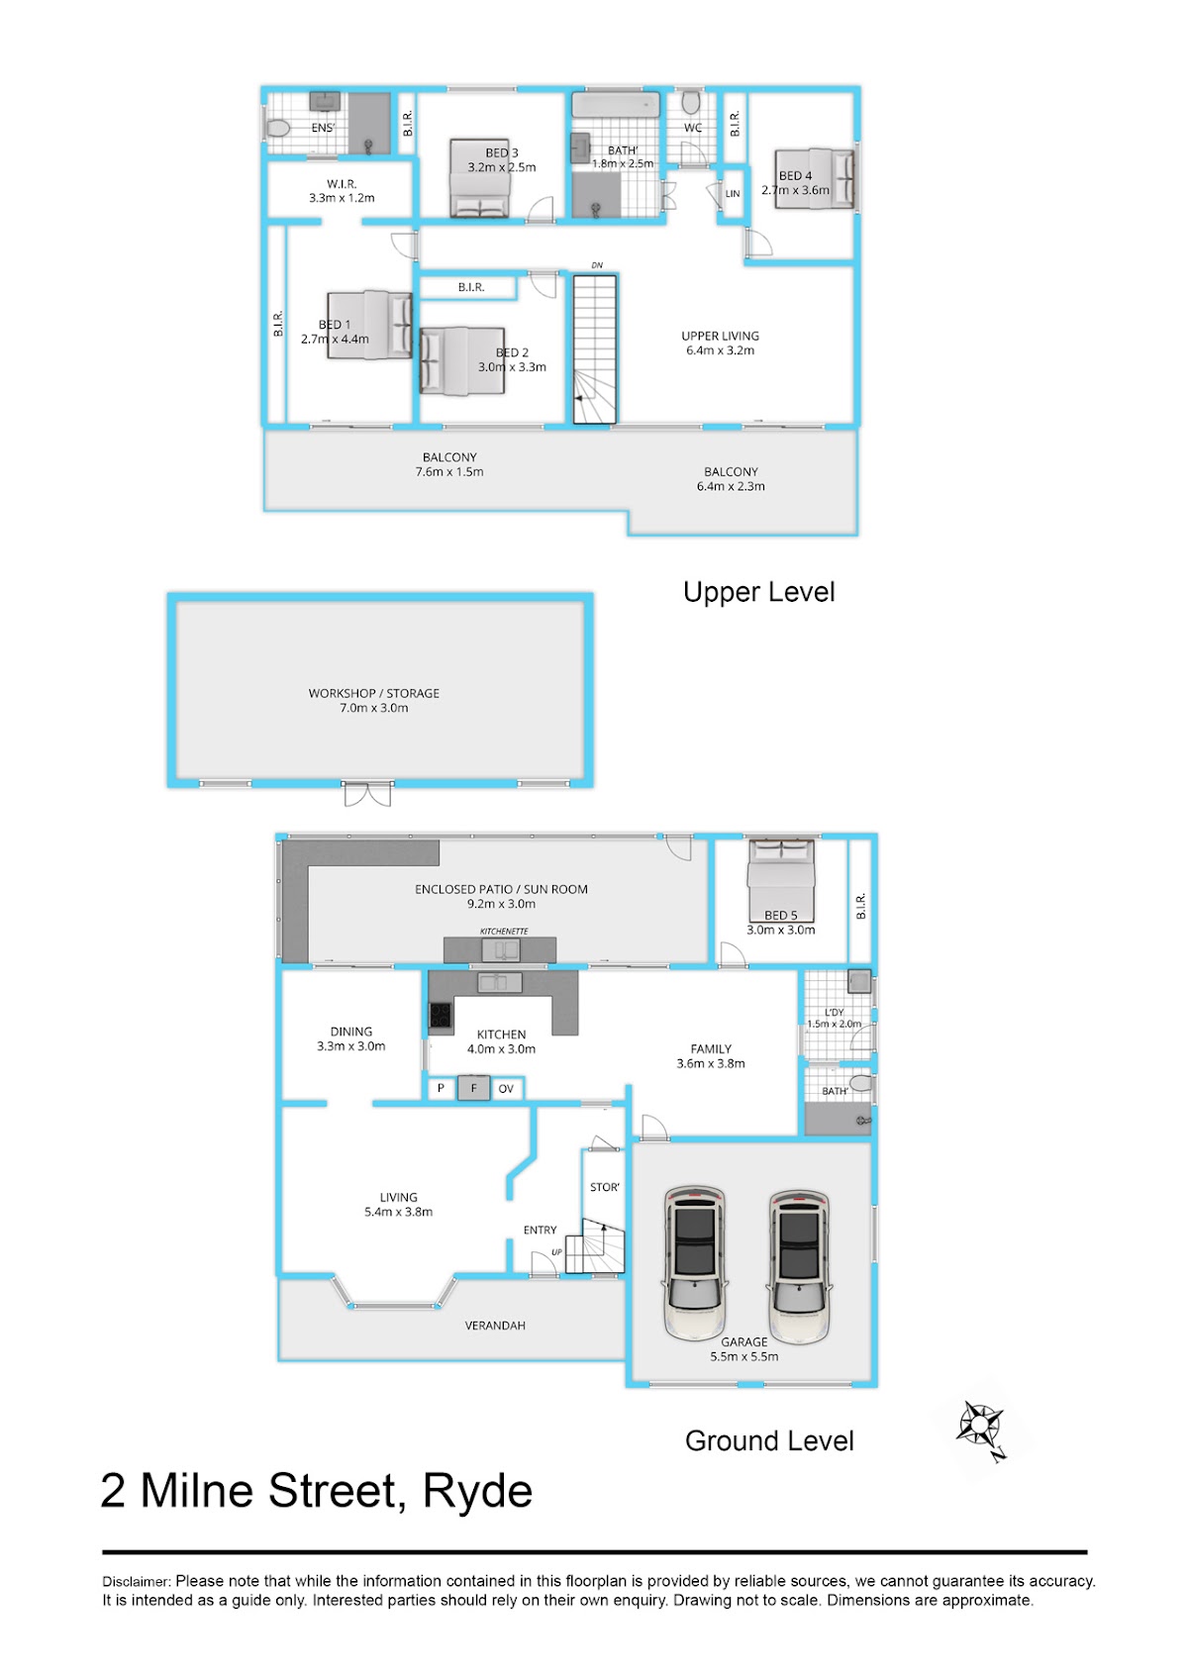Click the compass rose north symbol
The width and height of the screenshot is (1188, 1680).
982,1428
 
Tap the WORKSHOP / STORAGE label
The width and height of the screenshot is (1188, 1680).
373,693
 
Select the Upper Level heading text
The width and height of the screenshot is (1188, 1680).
758,592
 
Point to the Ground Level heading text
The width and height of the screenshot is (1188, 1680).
769,1440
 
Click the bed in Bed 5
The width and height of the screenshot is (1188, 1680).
781,880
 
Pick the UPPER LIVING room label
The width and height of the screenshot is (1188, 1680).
720,336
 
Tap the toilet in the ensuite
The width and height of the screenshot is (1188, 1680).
276,129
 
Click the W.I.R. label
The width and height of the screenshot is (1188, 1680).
342,184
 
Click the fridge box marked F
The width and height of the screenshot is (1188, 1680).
473,1088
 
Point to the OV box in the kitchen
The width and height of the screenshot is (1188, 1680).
506,1088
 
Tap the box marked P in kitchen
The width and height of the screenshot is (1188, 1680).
441,1088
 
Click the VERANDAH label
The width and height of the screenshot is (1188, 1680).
495,1326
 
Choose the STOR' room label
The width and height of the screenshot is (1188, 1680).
605,1187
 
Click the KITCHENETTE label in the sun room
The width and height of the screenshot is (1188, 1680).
504,931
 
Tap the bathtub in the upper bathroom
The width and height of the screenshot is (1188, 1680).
616,104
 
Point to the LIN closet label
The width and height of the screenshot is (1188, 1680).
733,193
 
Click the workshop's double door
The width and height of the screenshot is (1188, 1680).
367,794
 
